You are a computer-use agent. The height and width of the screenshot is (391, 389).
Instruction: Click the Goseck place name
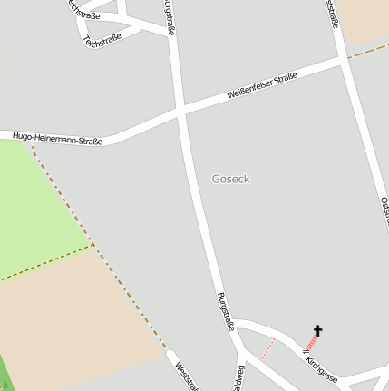pyautogui.click(x=229, y=179)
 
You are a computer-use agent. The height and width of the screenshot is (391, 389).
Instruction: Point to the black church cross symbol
pyautogui.click(x=318, y=331)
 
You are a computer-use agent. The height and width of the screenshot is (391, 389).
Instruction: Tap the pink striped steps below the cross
pyautogui.click(x=311, y=343)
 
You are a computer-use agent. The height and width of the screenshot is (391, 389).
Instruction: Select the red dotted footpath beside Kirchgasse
pyautogui.click(x=267, y=348)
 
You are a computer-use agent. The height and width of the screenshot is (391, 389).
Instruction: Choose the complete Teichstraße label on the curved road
pyautogui.click(x=102, y=38)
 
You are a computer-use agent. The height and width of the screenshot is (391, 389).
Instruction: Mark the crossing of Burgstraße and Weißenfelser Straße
pyautogui.click(x=183, y=111)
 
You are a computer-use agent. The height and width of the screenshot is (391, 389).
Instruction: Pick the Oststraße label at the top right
pyautogui.click(x=333, y=13)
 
